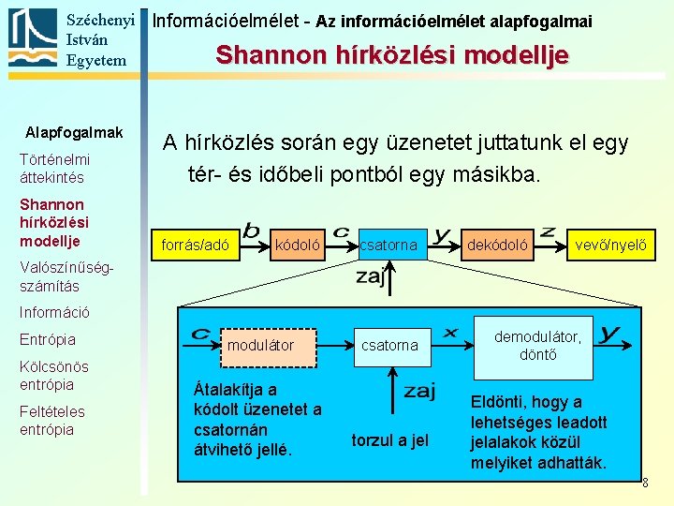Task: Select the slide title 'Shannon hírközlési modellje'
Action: (x=391, y=55)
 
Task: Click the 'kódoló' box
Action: (x=298, y=246)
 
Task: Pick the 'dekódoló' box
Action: (x=497, y=246)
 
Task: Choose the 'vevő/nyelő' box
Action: (x=610, y=246)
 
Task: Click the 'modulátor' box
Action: (x=260, y=345)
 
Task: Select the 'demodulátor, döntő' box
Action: (x=537, y=345)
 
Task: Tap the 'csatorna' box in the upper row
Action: (x=389, y=246)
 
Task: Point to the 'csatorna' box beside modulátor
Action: (x=389, y=345)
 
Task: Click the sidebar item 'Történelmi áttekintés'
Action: (x=54, y=169)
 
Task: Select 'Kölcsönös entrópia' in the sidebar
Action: (x=53, y=375)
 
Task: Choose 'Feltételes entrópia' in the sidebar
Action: (x=52, y=420)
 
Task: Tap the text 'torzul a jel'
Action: (x=389, y=439)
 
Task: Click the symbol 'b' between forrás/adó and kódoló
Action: (x=251, y=229)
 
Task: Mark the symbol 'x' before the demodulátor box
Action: (x=449, y=332)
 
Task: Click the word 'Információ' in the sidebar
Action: (x=54, y=312)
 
